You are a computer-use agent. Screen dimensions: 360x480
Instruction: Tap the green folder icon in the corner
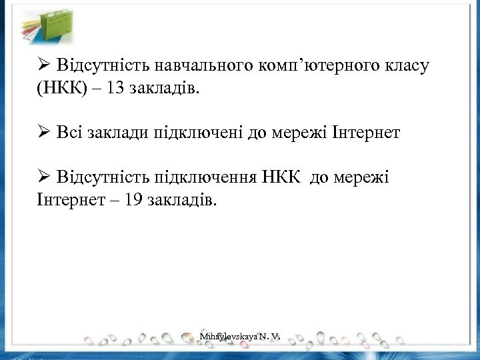point(43,25)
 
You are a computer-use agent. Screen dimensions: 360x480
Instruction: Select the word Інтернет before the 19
point(65,200)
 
